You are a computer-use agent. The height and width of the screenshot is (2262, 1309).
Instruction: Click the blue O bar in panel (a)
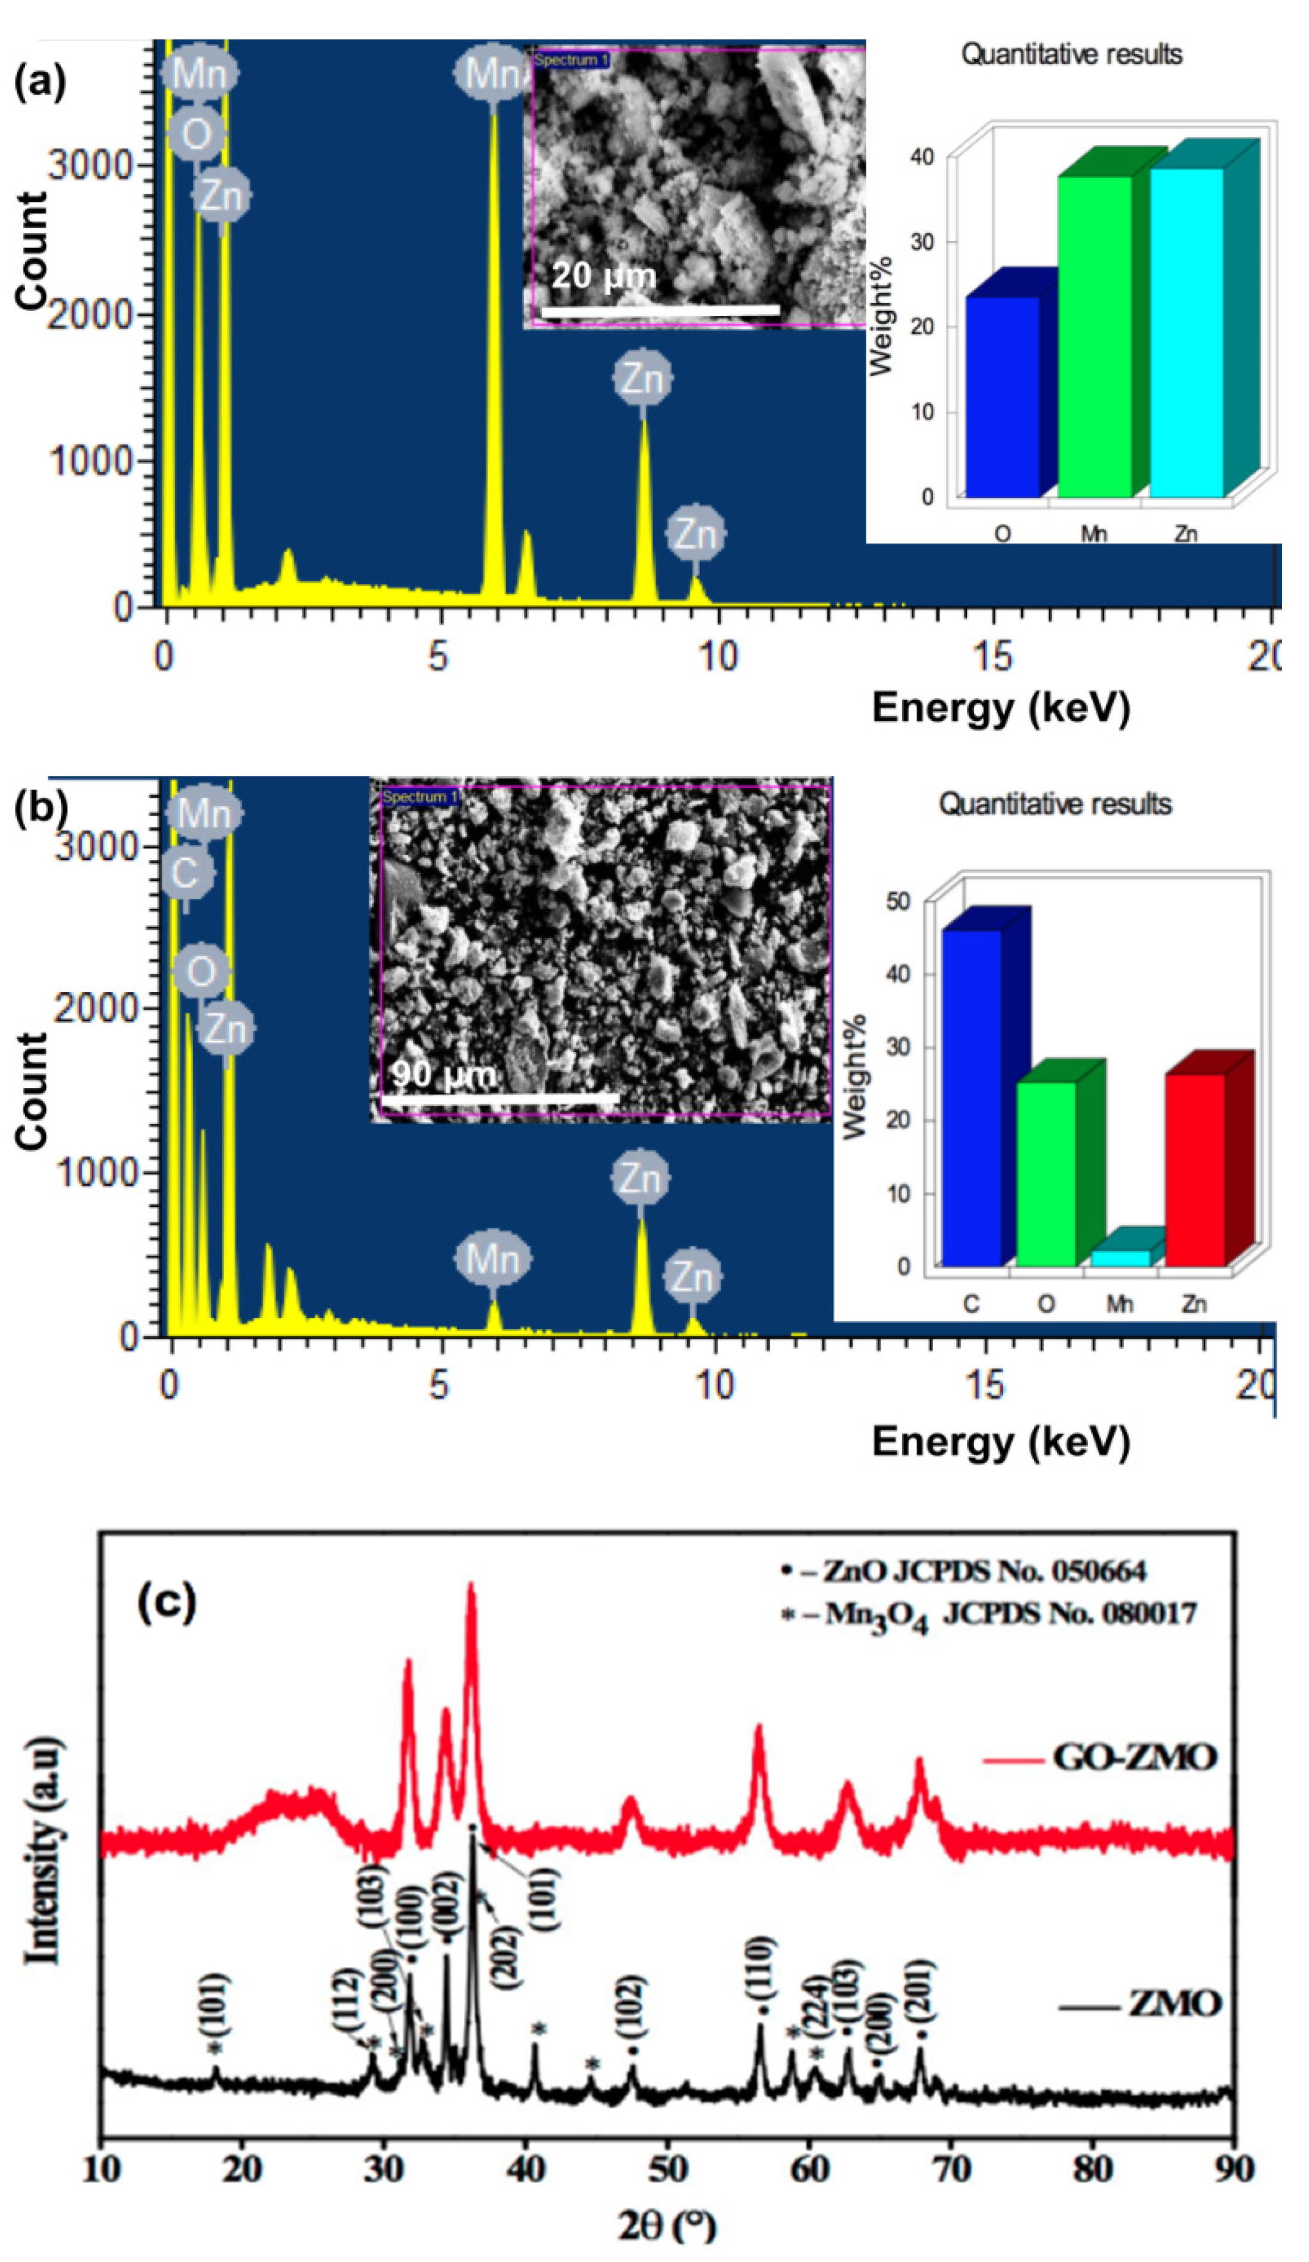pyautogui.click(x=1002, y=397)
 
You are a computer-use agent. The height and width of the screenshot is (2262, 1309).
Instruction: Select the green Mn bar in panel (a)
pyautogui.click(x=1093, y=337)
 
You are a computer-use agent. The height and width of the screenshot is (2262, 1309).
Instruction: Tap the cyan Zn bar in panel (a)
pyautogui.click(x=1186, y=332)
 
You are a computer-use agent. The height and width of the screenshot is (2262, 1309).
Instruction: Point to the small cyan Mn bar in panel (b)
pyautogui.click(x=1120, y=1258)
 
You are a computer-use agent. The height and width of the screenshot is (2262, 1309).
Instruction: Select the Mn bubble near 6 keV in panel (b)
pyautogui.click(x=492, y=1258)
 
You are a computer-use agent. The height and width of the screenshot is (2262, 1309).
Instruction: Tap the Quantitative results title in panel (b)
pyautogui.click(x=1055, y=803)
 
